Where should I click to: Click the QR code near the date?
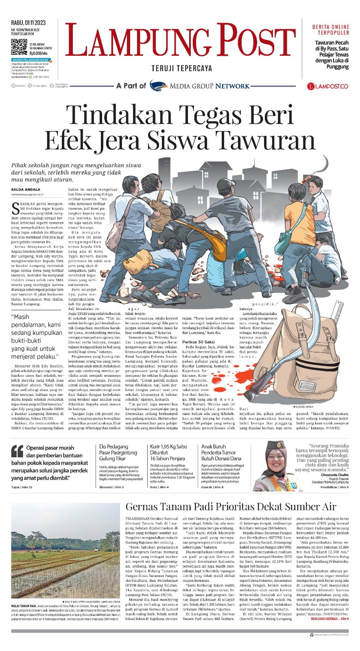tap(19, 47)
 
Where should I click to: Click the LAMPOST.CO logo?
tap(327, 86)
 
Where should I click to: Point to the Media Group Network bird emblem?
tap(158, 86)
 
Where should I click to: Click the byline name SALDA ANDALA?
tap(26, 189)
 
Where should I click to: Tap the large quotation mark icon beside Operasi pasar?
tap(17, 451)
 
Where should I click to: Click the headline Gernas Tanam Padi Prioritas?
tap(231, 507)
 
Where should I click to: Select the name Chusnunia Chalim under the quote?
tap(334, 475)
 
